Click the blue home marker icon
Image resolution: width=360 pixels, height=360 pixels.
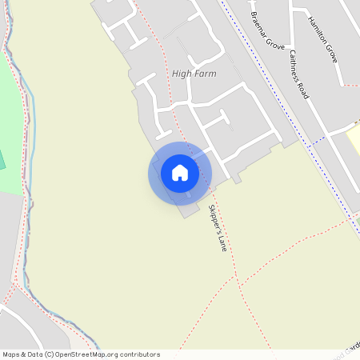(180, 173)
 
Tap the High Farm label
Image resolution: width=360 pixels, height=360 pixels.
(194, 74)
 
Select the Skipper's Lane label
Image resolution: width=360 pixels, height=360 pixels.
(218, 229)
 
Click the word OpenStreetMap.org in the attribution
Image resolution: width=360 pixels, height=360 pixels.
(85, 354)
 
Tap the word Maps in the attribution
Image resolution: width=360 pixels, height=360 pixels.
(12, 354)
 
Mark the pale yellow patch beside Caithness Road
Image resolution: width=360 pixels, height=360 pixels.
(353, 142)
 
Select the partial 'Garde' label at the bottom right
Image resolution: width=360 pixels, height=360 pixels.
(350, 350)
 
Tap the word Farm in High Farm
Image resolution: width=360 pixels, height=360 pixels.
(206, 74)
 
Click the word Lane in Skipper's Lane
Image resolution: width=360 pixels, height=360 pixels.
(222, 240)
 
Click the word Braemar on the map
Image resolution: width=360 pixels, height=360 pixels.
(258, 21)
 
